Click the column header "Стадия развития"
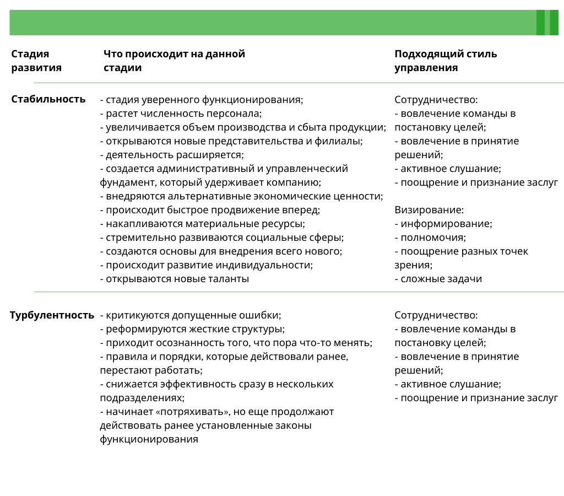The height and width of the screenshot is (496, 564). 36,61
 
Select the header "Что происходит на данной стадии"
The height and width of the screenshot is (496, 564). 174,61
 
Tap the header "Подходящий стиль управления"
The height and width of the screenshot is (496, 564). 446,61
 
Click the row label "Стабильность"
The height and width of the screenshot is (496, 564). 48,99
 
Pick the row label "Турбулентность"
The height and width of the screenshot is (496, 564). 52,315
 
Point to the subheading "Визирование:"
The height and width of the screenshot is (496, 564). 429,210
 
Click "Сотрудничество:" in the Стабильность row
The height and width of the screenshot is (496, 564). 436,100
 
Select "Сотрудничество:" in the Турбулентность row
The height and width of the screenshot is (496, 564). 436,315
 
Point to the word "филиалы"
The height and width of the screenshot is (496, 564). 344,141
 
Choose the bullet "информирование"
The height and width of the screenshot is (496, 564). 446,224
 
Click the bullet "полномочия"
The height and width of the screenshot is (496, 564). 433,238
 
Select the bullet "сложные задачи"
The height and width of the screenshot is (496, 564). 441,279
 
